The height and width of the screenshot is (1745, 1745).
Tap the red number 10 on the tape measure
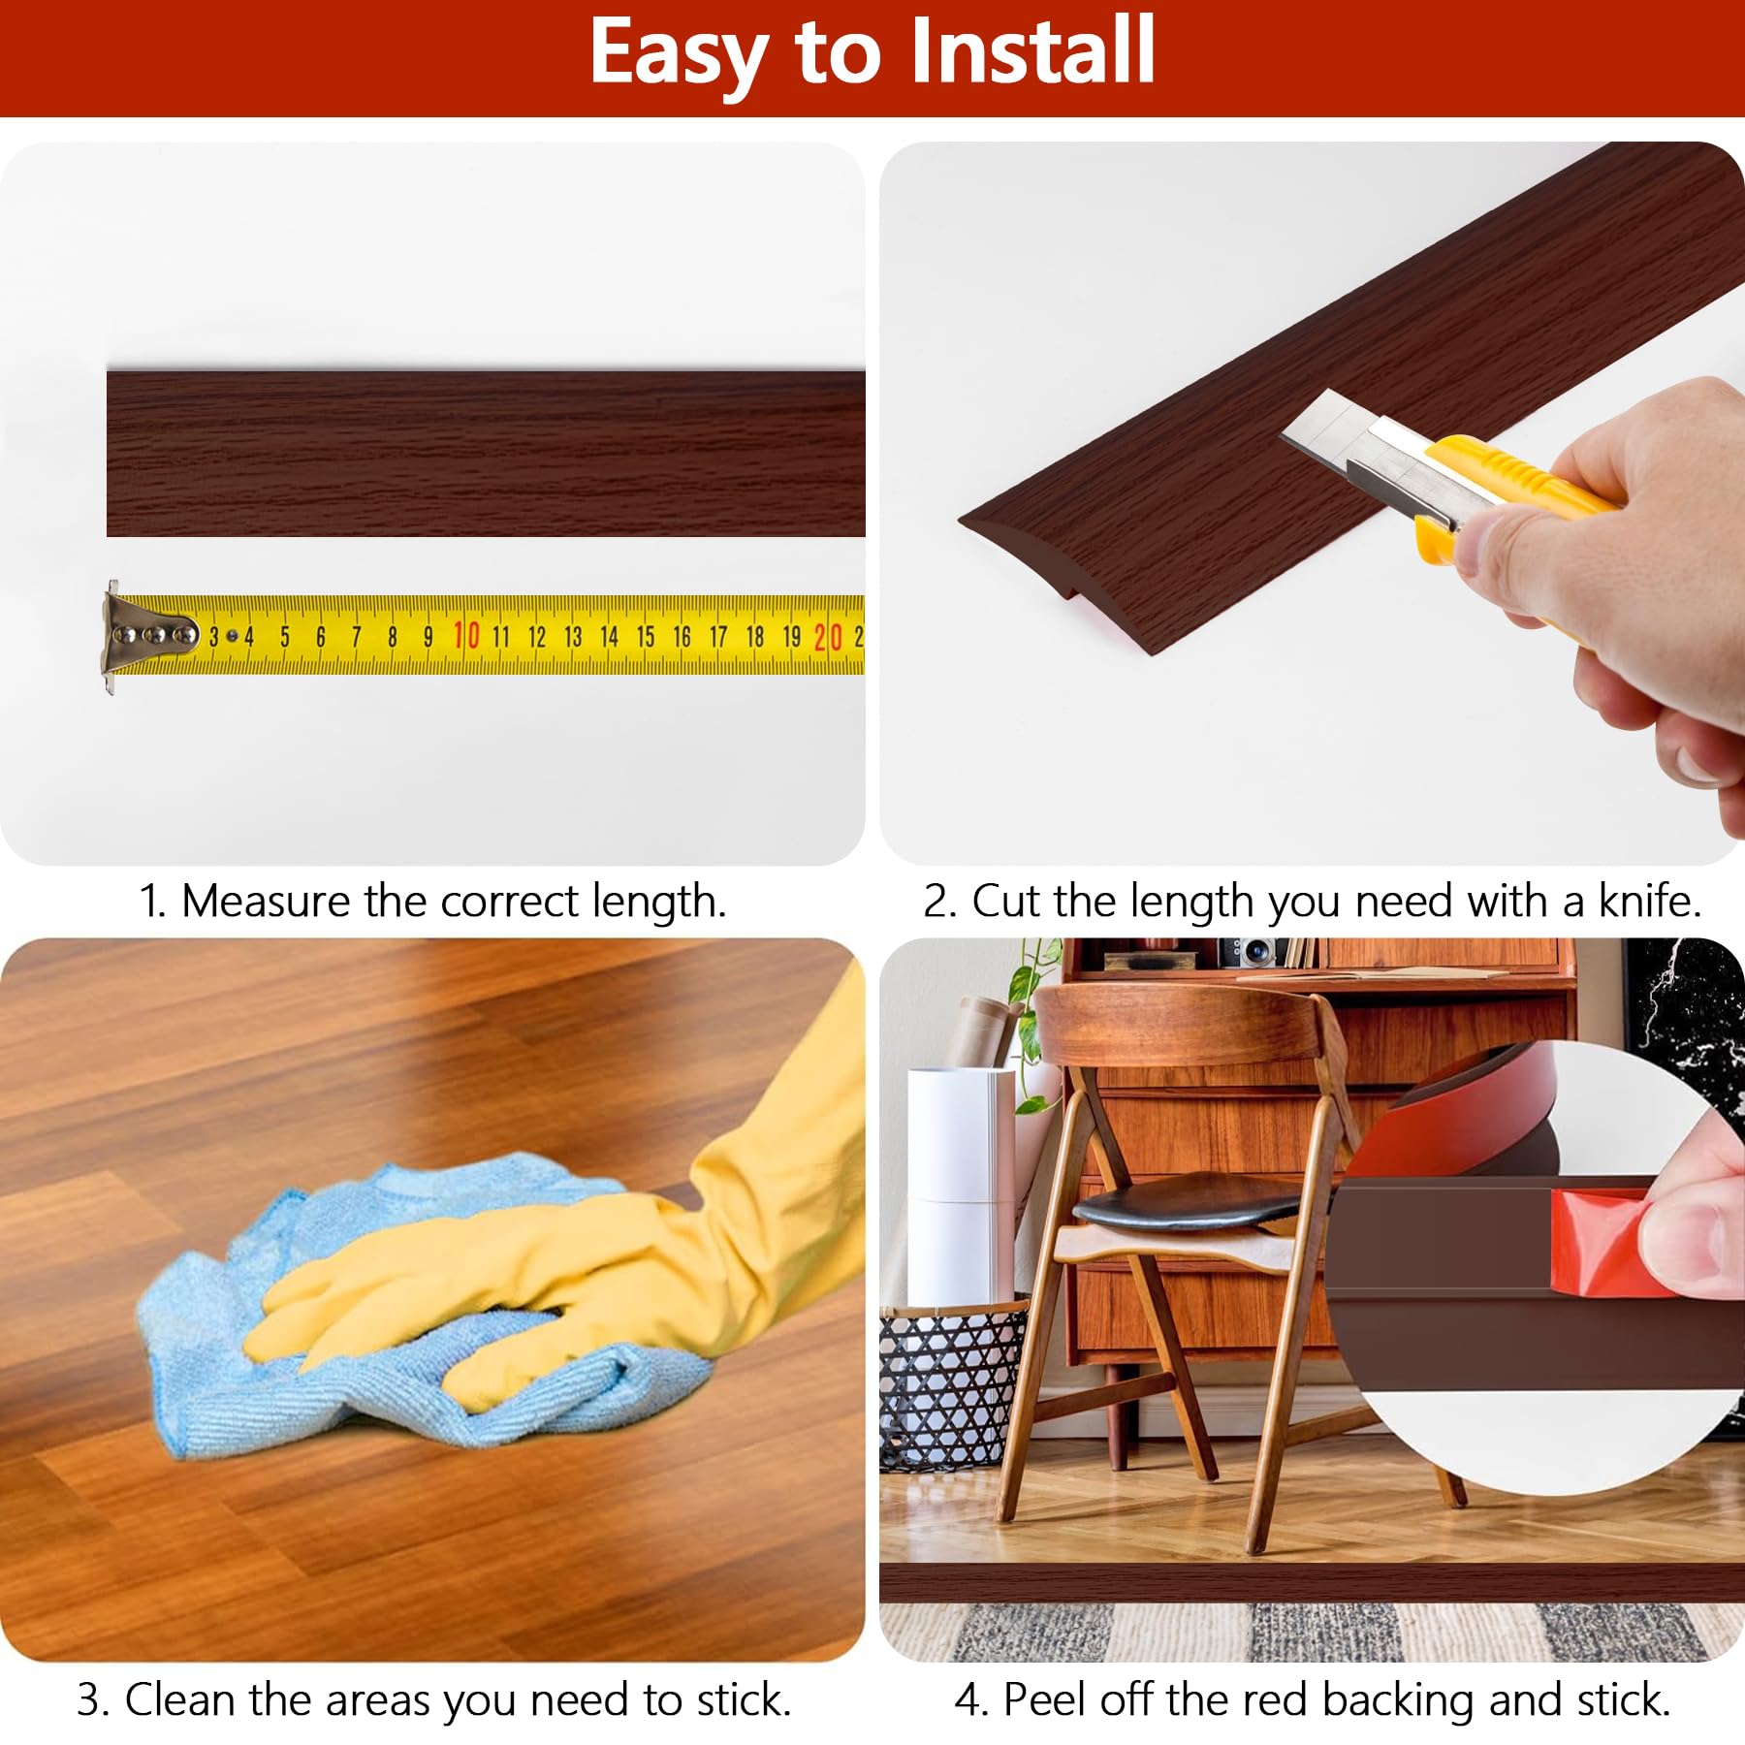[466, 636]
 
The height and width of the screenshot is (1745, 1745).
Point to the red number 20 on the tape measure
[827, 637]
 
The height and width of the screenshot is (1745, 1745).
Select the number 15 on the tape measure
[646, 637]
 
